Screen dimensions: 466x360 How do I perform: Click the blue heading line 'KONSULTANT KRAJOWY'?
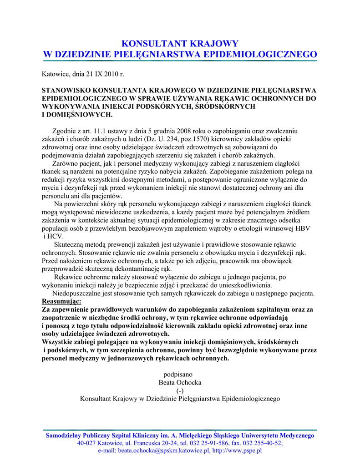click(180, 44)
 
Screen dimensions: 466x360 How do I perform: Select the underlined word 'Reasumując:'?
click(62, 302)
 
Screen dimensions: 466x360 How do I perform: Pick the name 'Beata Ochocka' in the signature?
click(180, 382)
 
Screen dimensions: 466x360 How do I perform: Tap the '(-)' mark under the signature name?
click(180, 390)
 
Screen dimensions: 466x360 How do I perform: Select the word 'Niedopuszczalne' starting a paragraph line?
click(76, 294)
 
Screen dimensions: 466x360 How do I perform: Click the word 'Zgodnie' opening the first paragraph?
click(64, 131)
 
